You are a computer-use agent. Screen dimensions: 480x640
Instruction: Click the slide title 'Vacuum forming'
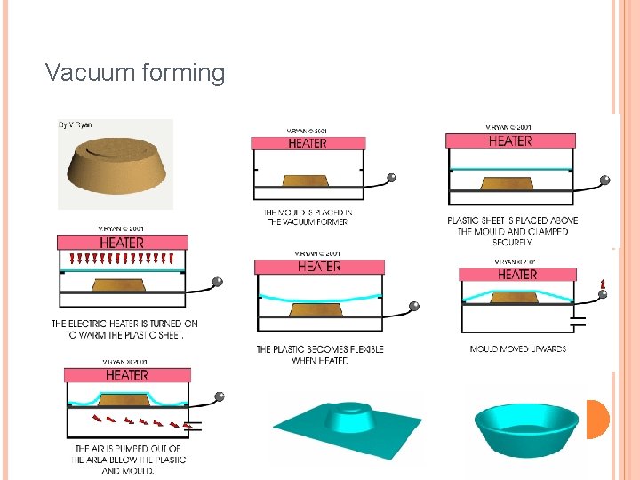pos(135,73)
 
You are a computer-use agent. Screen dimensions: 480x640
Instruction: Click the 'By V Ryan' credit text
pos(76,125)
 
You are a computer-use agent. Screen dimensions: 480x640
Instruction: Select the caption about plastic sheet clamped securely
pos(513,230)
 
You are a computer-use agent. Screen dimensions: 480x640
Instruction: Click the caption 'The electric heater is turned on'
pos(124,329)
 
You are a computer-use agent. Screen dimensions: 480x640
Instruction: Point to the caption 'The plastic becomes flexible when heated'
pos(320,355)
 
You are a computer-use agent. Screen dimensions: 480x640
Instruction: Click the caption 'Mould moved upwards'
pos(517,349)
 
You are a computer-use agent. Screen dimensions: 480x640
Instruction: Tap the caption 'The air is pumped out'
pos(131,459)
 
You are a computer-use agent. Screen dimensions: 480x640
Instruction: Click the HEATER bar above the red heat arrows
pos(123,242)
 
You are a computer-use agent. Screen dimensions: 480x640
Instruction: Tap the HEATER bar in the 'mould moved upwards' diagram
pos(516,275)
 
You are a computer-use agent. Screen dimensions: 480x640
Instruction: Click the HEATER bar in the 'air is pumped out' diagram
pos(126,375)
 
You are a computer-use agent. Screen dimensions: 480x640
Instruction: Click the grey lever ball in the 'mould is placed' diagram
pos(390,178)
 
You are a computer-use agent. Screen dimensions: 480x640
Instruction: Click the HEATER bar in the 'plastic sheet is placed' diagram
pos(510,141)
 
